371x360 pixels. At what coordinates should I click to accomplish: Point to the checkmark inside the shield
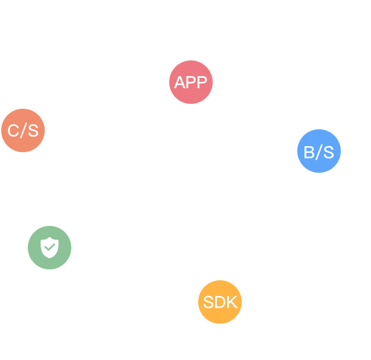[x=50, y=247]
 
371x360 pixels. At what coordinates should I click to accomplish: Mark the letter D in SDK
[x=220, y=302]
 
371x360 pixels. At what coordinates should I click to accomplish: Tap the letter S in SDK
[x=208, y=302]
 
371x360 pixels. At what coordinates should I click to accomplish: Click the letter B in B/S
[x=309, y=152]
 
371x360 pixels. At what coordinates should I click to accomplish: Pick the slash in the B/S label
[x=318, y=152]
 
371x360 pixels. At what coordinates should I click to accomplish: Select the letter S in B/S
[x=327, y=152]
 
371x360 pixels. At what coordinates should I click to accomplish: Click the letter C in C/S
[x=13, y=130]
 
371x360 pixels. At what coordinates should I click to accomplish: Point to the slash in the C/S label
[x=22, y=130]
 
